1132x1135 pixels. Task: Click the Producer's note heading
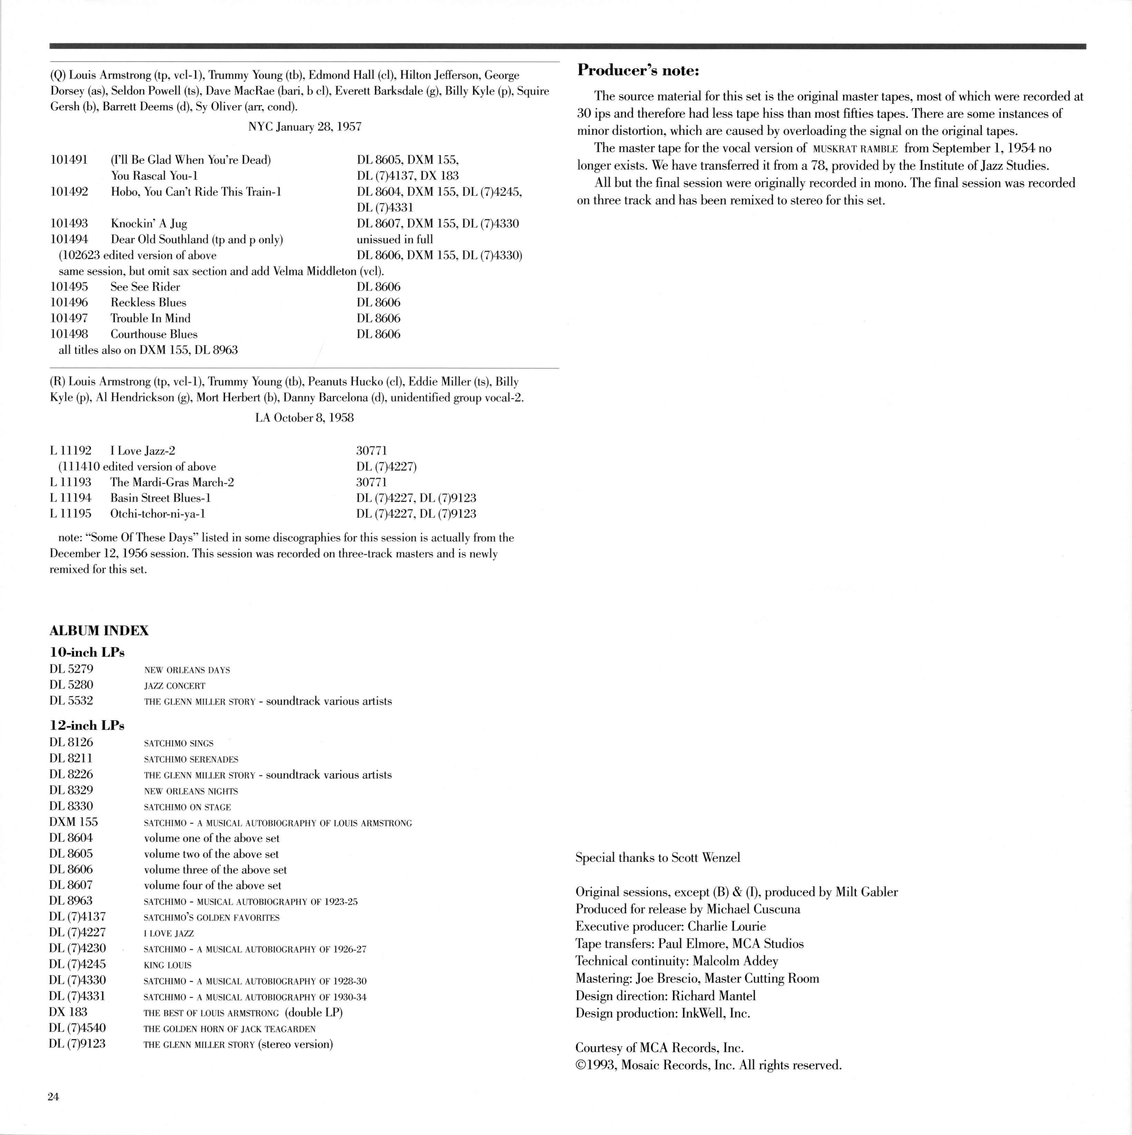click(x=638, y=70)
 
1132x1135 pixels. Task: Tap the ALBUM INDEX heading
click(x=99, y=630)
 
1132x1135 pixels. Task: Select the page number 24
click(x=54, y=1096)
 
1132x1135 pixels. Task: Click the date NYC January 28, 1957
click(x=305, y=126)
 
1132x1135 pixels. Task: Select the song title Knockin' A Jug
click(x=149, y=223)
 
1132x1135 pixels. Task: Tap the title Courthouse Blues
click(x=154, y=334)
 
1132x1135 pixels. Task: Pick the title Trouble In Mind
click(x=151, y=318)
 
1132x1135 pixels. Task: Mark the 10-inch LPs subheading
click(x=87, y=652)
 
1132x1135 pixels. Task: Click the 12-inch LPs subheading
click(x=87, y=726)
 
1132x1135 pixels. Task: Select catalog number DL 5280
click(x=71, y=685)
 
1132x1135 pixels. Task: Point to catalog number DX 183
click(x=68, y=1012)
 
